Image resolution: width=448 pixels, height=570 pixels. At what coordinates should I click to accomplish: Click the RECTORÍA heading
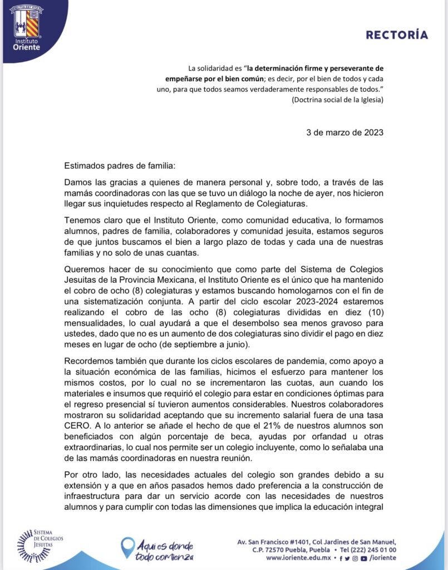tap(397, 35)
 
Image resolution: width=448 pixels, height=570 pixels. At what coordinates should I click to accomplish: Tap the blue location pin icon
tap(127, 547)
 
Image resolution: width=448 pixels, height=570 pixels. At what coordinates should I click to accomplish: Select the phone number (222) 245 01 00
tap(372, 549)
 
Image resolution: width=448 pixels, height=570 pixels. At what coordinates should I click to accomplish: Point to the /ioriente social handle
tap(384, 558)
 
